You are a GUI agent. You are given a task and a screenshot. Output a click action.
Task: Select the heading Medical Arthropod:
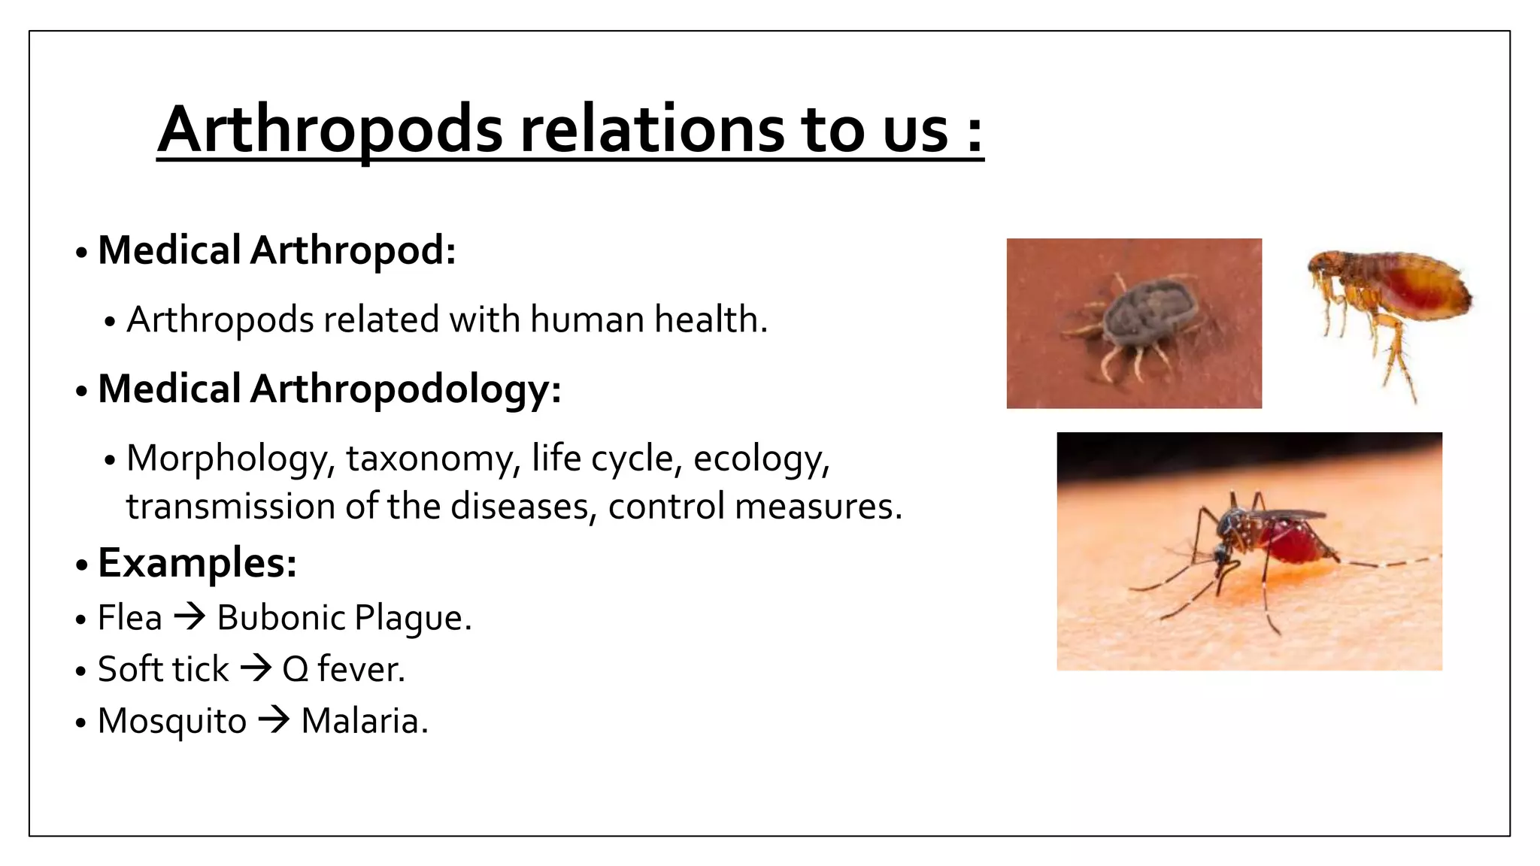277,250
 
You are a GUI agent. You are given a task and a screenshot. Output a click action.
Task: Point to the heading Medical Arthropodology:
329,389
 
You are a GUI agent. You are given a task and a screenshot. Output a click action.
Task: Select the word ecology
760,459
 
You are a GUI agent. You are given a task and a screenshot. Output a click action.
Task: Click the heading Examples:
197,562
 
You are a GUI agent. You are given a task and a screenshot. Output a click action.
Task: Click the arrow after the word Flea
189,617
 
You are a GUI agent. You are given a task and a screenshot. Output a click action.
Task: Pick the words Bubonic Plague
343,618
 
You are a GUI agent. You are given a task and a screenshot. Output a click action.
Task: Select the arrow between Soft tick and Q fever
256,668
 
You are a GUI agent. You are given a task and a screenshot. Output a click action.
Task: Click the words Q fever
343,669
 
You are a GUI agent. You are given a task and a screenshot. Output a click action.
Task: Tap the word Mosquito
171,720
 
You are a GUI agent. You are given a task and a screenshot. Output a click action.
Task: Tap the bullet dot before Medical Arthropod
81,253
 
